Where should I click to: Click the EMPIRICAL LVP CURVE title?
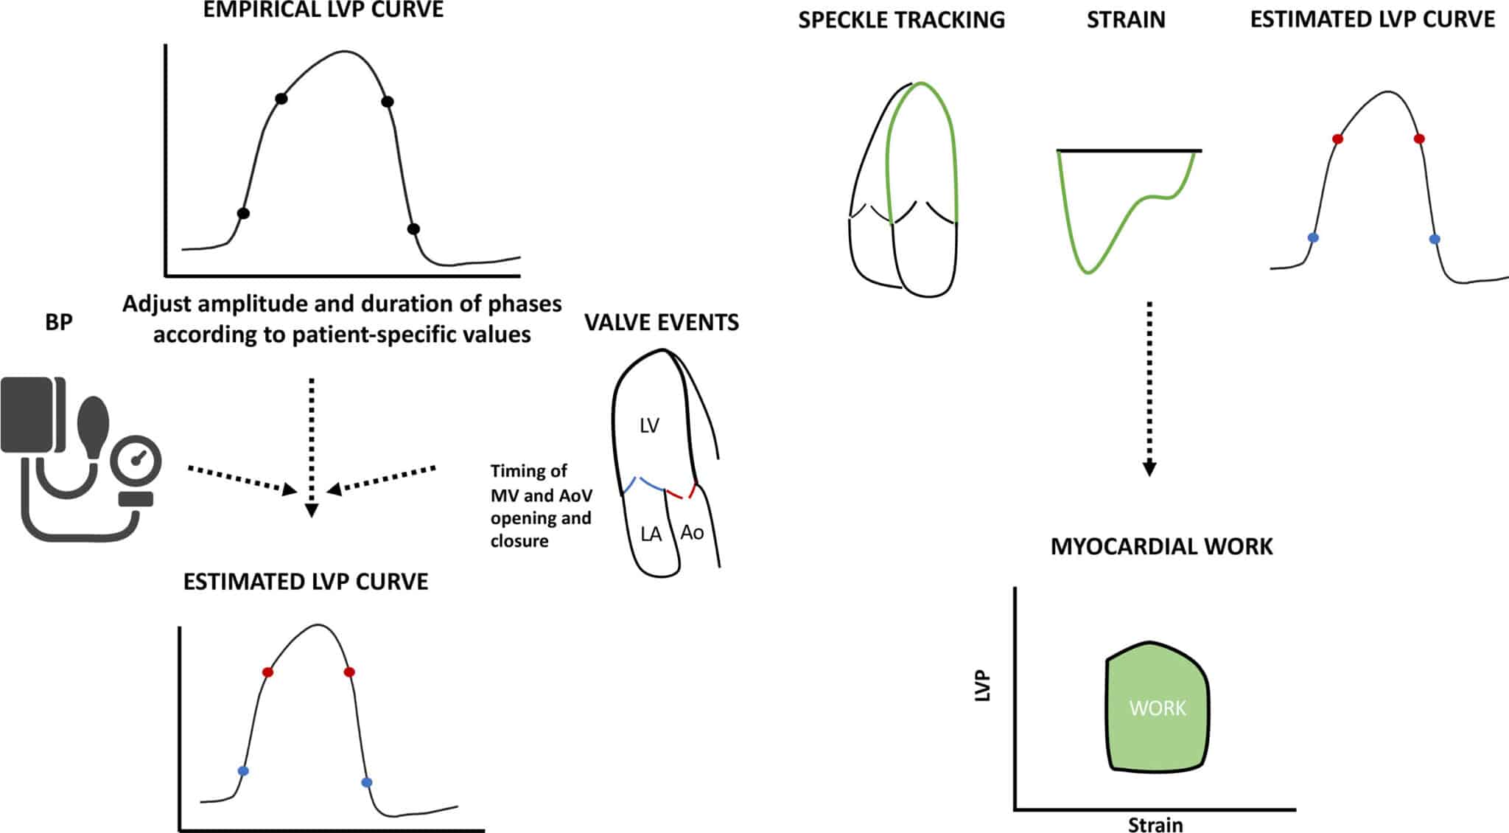click(323, 10)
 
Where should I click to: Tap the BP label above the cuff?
click(59, 322)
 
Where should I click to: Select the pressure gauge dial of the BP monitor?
click(136, 461)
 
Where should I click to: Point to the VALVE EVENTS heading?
click(662, 323)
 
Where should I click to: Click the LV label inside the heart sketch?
click(649, 425)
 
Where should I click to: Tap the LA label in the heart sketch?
click(651, 534)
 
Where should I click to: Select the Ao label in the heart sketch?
click(692, 532)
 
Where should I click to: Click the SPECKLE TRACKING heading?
click(901, 20)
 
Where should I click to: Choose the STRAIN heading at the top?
click(1126, 20)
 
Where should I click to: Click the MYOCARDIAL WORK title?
click(1161, 546)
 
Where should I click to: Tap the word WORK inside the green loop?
click(1158, 708)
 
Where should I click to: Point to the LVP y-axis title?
click(983, 686)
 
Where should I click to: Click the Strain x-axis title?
click(1155, 824)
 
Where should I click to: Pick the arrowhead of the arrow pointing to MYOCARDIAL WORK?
click(1149, 469)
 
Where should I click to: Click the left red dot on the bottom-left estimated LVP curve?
click(267, 672)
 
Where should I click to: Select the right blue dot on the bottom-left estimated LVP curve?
click(367, 782)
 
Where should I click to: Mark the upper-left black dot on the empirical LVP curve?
click(281, 99)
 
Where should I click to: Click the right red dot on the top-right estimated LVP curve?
click(1419, 139)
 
